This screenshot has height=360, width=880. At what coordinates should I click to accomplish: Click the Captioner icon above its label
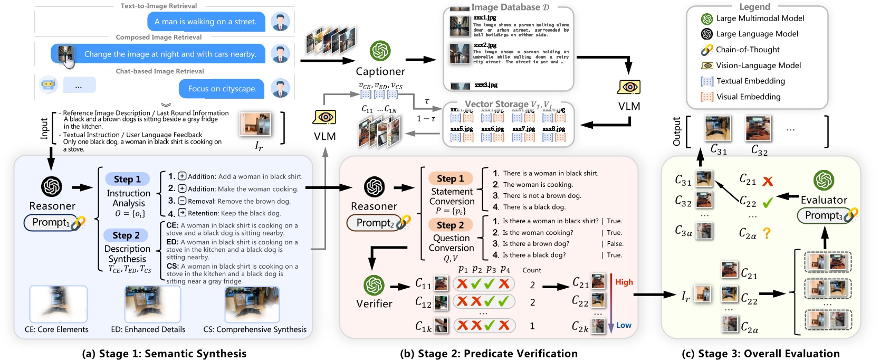(380, 51)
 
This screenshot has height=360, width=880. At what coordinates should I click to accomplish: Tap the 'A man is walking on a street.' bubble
(205, 22)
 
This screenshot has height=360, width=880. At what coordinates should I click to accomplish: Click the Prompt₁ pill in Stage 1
(51, 222)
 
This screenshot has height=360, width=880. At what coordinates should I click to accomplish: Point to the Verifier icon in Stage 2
(374, 285)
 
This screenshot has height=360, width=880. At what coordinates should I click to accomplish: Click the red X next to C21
(768, 181)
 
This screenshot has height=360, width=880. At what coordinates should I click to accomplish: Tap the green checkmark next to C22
(768, 202)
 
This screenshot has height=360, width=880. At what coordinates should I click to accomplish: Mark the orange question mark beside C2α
(767, 233)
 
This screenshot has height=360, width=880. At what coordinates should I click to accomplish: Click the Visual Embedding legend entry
(748, 97)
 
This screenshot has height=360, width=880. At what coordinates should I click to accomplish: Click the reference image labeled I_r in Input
(255, 124)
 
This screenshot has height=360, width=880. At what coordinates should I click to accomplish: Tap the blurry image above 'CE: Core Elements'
(58, 304)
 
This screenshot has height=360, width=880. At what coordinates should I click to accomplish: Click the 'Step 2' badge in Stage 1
(126, 235)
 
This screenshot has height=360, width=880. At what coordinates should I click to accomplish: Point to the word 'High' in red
(624, 282)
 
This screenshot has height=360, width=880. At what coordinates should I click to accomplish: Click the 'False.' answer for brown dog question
(615, 244)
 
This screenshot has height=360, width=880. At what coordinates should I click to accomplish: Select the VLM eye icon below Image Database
(628, 87)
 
